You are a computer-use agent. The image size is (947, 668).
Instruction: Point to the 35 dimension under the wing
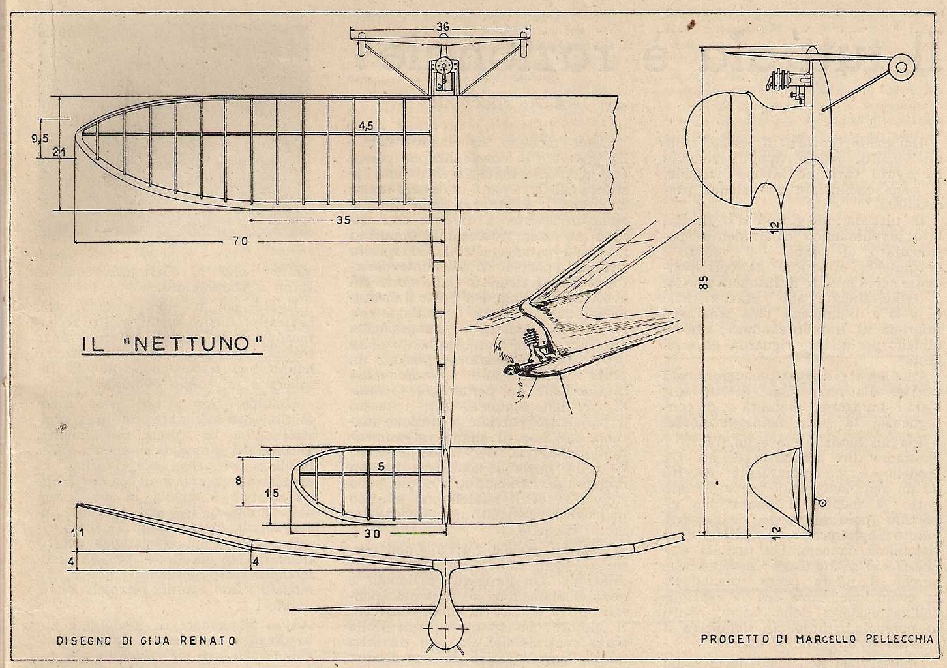click(343, 220)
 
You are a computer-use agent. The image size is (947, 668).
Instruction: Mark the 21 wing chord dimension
click(60, 153)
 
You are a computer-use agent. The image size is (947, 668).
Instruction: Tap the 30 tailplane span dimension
click(372, 532)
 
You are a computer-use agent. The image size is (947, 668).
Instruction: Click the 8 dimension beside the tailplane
click(238, 481)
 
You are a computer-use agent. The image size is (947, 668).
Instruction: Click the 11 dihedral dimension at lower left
click(77, 533)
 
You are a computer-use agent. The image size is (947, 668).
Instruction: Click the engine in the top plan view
click(443, 73)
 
